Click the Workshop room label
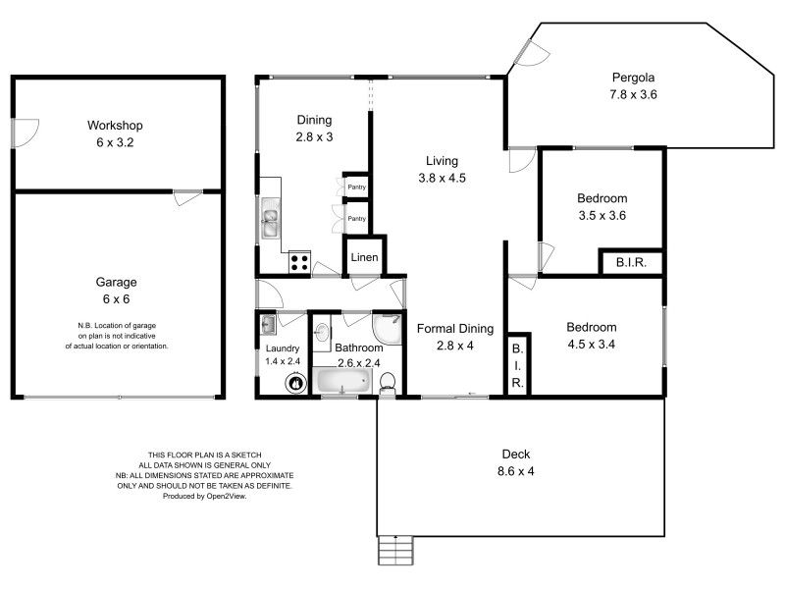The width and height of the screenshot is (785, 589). point(115,126)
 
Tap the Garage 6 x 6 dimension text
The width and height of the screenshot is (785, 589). point(115,297)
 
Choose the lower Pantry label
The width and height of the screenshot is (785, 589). point(357,219)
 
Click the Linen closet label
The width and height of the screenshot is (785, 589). point(364,258)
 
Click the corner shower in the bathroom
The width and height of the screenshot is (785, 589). point(389,328)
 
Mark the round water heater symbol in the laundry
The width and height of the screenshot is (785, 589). point(292,384)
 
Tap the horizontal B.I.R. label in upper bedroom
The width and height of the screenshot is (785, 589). point(630,263)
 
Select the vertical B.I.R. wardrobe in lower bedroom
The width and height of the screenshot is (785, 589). point(517,366)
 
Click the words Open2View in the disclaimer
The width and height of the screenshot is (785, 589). point(227,497)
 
